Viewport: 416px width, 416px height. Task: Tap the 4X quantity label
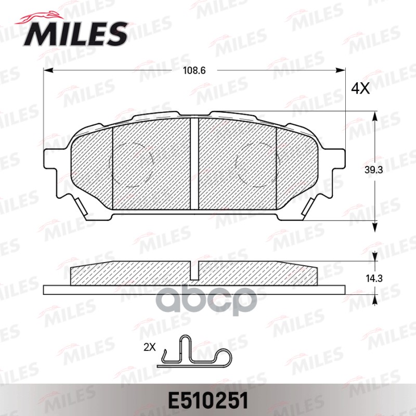(360, 89)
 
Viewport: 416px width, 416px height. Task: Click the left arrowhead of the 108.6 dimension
(47, 71)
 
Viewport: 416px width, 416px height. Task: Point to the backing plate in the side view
(194, 289)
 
